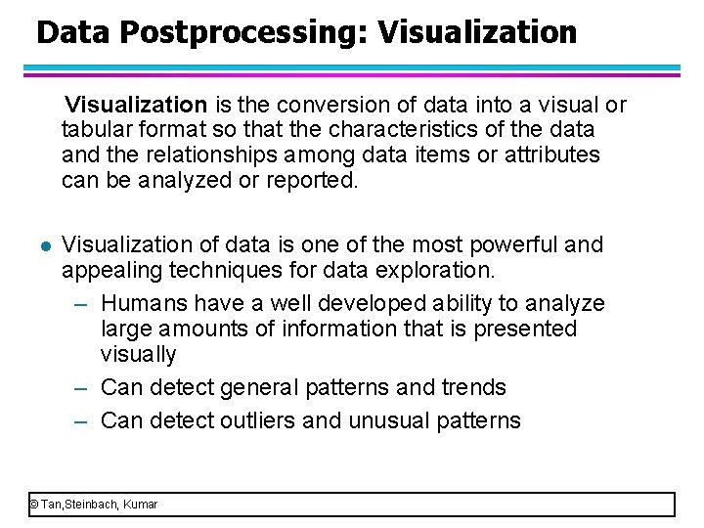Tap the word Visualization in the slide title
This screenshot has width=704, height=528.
pos(476,33)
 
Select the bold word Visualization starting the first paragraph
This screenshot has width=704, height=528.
pos(136,105)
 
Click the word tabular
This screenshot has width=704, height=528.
pos(93,130)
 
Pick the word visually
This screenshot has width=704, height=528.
pos(138,354)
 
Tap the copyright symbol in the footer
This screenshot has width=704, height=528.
pos(33,505)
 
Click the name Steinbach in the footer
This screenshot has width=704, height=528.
pos(91,505)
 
